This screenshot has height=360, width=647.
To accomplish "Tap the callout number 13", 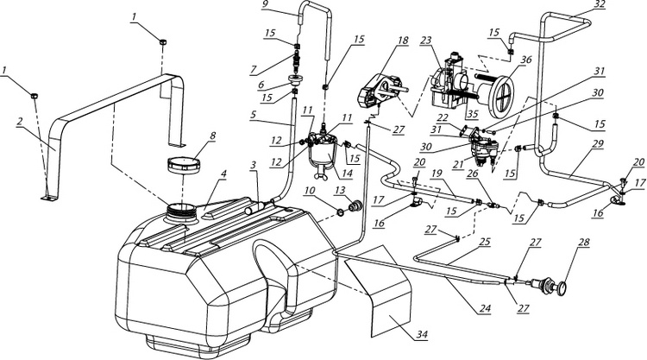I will (x=365, y=190).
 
